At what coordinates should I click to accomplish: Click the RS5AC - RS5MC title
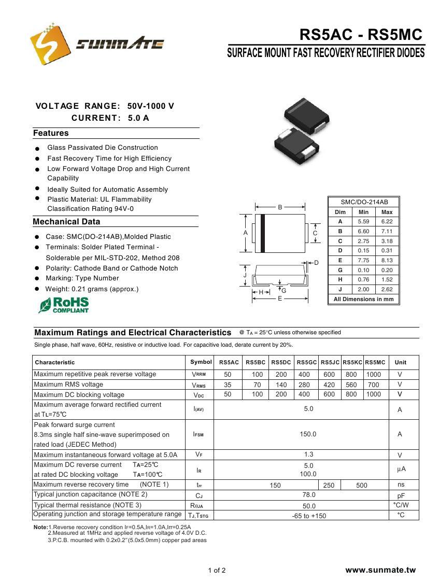point(361,35)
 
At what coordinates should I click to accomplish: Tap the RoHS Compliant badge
point(64,305)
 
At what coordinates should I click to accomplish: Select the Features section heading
point(51,133)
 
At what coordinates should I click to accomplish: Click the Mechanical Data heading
point(66,222)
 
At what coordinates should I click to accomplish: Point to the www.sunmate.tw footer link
point(380,570)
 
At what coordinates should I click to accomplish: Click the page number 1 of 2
point(217,571)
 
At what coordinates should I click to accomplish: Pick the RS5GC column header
point(307,362)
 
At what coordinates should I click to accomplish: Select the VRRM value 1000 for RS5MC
point(373,374)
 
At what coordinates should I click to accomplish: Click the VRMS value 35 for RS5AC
point(228,385)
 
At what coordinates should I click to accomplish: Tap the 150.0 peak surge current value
point(308,434)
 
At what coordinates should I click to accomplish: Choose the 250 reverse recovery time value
point(329,485)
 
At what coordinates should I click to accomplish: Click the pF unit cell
point(401,495)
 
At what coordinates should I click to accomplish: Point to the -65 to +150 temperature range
point(309,516)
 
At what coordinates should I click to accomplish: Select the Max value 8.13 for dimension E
point(387,260)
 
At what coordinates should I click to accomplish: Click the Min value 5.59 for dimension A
point(363,221)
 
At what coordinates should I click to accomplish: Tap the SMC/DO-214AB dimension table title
point(364,202)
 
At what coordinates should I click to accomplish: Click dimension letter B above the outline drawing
point(280,207)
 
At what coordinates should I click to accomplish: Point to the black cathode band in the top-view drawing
point(263,232)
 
